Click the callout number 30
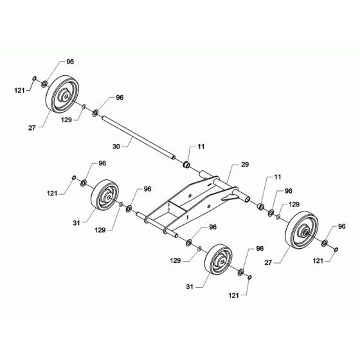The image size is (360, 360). pyautogui.click(x=116, y=147)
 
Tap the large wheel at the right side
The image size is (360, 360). pyautogui.click(x=301, y=231)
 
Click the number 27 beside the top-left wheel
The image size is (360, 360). pyautogui.click(x=31, y=129)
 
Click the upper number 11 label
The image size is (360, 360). pyautogui.click(x=201, y=147)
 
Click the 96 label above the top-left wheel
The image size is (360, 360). pyautogui.click(x=70, y=62)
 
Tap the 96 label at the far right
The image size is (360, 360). pyautogui.click(x=341, y=226)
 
